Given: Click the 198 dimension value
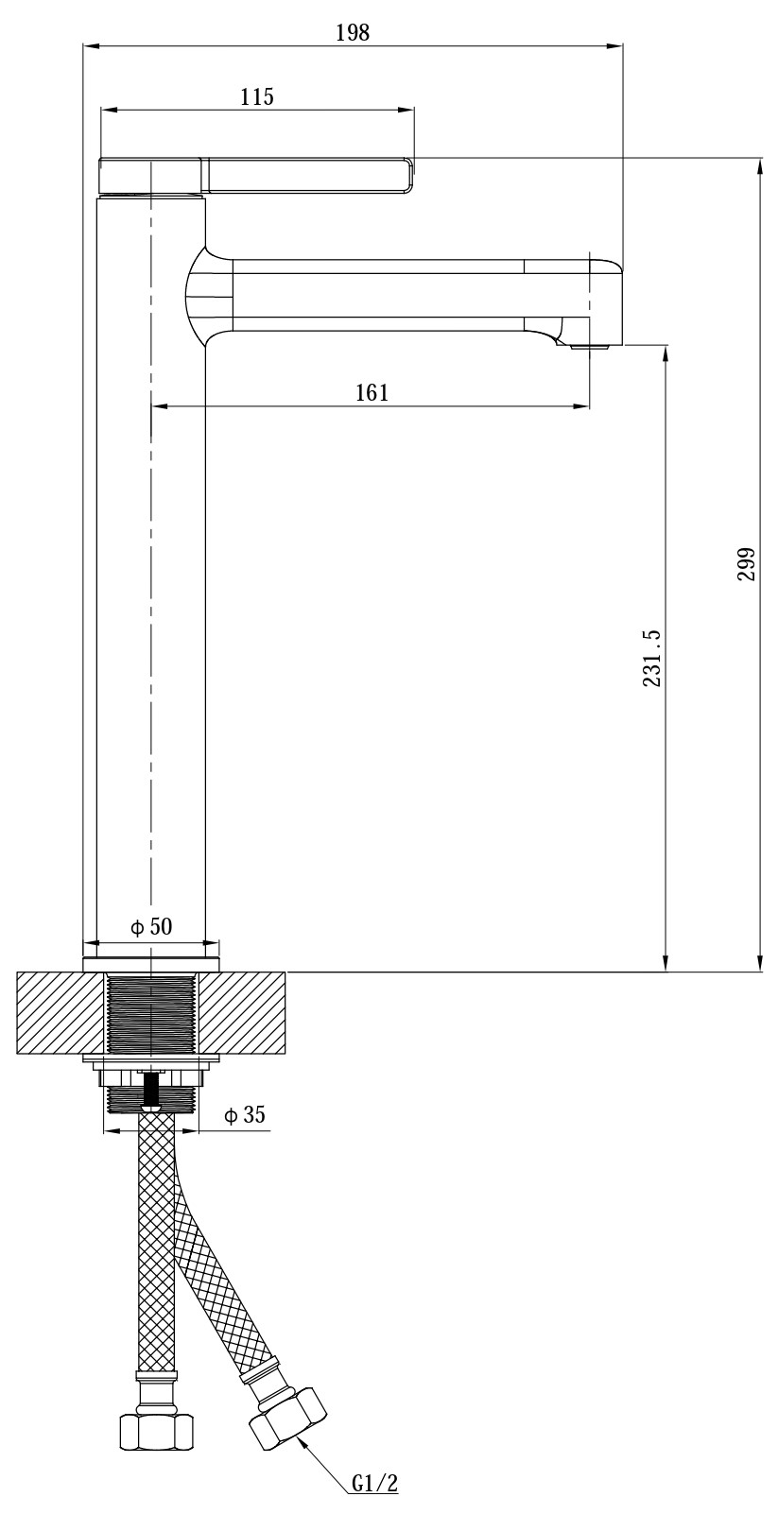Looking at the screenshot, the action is pyautogui.click(x=353, y=32).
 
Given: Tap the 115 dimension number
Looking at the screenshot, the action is pyautogui.click(x=257, y=96).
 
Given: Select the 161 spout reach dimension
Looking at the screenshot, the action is pyautogui.click(x=372, y=393).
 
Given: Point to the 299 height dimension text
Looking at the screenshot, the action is pyautogui.click(x=746, y=564).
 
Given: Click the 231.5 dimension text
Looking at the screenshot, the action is pyautogui.click(x=651, y=658).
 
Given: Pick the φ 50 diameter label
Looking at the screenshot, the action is pyautogui.click(x=152, y=926).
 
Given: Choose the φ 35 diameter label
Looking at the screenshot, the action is pyautogui.click(x=244, y=1115).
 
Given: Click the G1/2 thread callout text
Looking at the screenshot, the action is pyautogui.click(x=374, y=1500).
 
